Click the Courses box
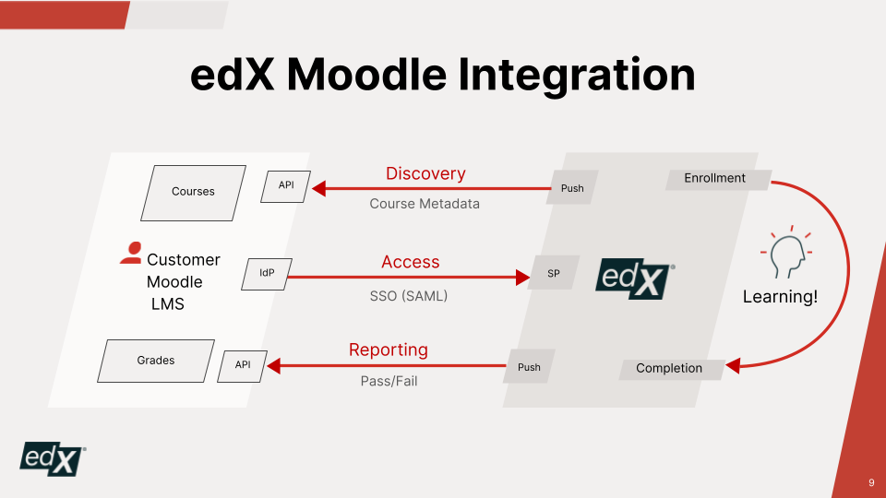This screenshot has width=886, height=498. pyautogui.click(x=193, y=193)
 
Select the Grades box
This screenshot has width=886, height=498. pyautogui.click(x=156, y=361)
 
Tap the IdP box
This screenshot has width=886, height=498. pyautogui.click(x=267, y=274)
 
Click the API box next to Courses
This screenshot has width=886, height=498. pyautogui.click(x=286, y=186)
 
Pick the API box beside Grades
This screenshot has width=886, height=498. pyautogui.click(x=243, y=366)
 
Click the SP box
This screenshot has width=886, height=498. pyautogui.click(x=554, y=273)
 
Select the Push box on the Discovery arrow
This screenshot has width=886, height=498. pyautogui.click(x=572, y=187)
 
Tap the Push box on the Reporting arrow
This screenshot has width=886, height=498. pyautogui.click(x=529, y=366)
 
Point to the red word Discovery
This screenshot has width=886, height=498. pyautogui.click(x=425, y=173)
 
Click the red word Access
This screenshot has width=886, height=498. pyautogui.click(x=410, y=261)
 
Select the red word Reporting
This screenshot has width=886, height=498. pyautogui.click(x=389, y=350)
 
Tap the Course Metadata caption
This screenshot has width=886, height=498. pyautogui.click(x=425, y=203)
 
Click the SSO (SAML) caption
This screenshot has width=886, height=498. pyautogui.click(x=409, y=295)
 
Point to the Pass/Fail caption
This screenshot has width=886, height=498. pyautogui.click(x=389, y=381)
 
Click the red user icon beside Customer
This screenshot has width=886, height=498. pyautogui.click(x=131, y=253)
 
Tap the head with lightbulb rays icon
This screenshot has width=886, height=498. pyautogui.click(x=787, y=252)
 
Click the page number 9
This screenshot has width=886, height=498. pyautogui.click(x=871, y=482)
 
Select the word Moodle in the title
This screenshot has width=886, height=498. pyautogui.click(x=366, y=75)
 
